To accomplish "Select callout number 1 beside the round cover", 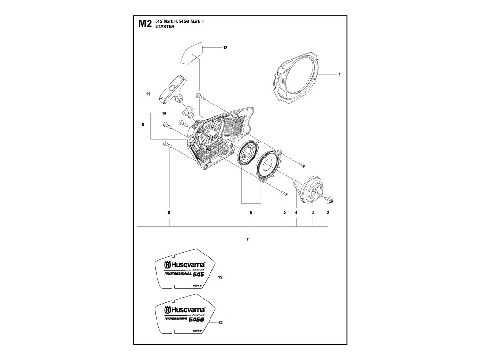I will point(339,74).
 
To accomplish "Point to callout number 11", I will point(147,94).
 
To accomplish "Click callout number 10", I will point(164,113).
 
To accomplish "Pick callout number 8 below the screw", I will point(169,212).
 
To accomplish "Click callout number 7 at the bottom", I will point(247,240).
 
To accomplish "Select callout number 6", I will point(251,212).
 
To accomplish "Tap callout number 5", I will point(285,212).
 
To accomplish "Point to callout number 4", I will point(296,212).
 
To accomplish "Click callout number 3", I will point(313,212).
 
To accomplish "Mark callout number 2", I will point(328,212).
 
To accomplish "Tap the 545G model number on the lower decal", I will point(196,319).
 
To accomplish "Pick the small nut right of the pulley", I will point(330,201).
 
